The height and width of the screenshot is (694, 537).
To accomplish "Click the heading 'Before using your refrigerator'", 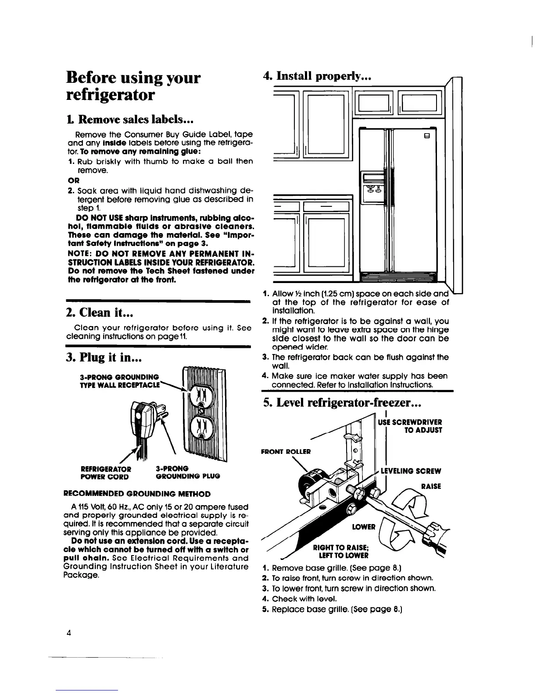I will pos(133,86).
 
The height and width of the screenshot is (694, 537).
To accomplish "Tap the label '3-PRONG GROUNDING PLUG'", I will pos(188,472).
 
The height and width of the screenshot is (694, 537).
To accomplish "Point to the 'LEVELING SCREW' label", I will pos(411,471).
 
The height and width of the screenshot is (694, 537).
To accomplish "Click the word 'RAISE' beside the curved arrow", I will pos(431,486).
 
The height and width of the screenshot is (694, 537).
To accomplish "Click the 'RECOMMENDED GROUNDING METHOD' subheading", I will pos(137,494).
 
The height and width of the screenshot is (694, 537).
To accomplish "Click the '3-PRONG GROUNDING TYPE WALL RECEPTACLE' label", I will pos(119,380).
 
